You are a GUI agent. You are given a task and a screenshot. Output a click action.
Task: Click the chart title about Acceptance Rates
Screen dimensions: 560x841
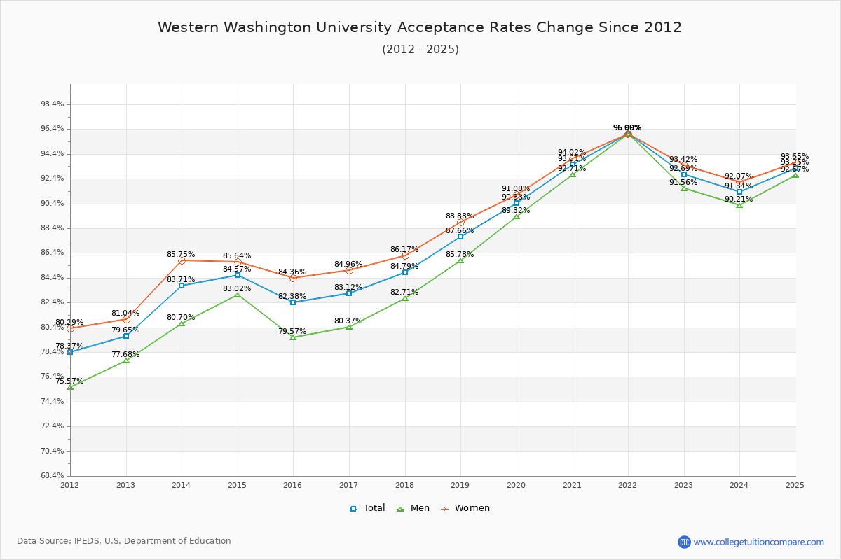point(420,27)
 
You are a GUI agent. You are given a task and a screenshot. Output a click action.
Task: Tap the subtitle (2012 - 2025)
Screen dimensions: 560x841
point(420,49)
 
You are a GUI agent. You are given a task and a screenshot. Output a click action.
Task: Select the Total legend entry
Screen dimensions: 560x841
point(368,508)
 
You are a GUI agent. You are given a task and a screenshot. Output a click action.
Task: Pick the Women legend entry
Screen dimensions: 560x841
point(465,508)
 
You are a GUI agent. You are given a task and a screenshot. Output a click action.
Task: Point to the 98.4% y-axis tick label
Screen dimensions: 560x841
point(53,104)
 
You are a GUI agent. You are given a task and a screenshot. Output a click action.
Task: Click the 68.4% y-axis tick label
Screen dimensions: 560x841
point(53,476)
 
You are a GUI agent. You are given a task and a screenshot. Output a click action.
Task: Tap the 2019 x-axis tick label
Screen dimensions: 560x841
point(460,484)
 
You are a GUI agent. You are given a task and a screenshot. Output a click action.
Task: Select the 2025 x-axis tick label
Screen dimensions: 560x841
point(795,484)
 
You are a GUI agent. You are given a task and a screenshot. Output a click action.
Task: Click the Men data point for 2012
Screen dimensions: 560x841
point(70,387)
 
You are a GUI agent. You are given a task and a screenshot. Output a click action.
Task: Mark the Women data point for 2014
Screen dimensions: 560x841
point(182,260)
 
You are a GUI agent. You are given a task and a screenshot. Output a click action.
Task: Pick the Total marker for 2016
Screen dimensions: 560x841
point(293,302)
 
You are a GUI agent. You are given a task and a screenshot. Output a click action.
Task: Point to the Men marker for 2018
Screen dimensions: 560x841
point(405,298)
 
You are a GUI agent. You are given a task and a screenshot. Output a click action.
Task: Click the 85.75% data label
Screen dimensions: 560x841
point(181,254)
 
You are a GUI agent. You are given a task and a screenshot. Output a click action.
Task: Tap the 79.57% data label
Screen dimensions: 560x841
point(292,331)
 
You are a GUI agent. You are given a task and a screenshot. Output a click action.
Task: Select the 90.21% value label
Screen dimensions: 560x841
point(739,199)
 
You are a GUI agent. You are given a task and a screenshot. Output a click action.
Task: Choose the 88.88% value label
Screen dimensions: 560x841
point(460,216)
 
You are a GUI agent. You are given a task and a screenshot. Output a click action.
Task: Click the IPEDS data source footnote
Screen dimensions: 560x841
point(124,541)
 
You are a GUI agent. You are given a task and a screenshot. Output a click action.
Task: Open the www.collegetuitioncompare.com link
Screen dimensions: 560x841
point(758,542)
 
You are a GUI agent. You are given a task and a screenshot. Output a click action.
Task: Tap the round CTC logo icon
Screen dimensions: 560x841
point(684,542)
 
